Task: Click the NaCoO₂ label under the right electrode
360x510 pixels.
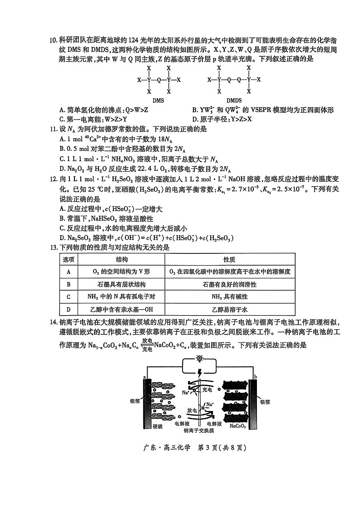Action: click(237, 426)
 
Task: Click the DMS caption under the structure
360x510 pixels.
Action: click(158, 100)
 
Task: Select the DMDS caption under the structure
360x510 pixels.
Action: click(234, 100)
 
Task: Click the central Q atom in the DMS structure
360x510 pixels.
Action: click(159, 80)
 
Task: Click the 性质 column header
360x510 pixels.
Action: click(230, 259)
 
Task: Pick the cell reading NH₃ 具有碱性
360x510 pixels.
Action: click(230, 297)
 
